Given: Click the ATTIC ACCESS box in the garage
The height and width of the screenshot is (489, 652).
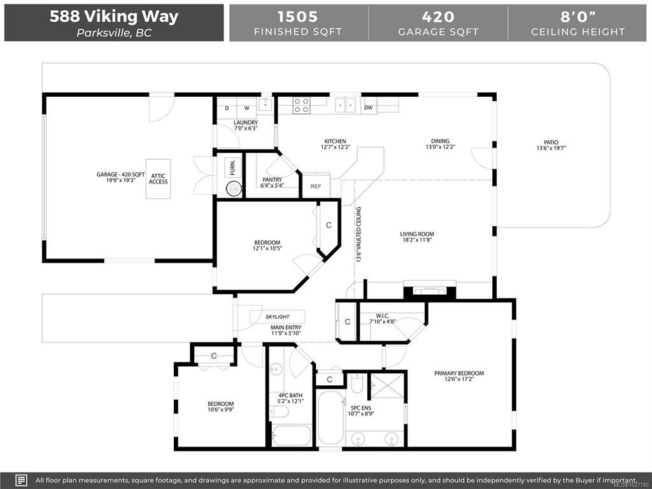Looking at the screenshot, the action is pyautogui.click(x=158, y=179).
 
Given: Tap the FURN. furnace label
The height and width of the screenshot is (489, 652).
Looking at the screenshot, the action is pyautogui.click(x=232, y=167).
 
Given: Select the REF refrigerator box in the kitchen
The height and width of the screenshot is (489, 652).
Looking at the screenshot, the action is pyautogui.click(x=316, y=186).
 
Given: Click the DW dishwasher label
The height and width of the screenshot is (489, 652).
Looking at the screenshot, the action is pyautogui.click(x=369, y=108).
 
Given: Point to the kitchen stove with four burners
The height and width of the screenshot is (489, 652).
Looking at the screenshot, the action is pyautogui.click(x=301, y=105).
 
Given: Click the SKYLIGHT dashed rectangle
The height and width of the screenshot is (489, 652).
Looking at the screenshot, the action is pyautogui.click(x=278, y=317).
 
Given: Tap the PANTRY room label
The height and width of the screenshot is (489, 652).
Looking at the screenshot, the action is pyautogui.click(x=273, y=180).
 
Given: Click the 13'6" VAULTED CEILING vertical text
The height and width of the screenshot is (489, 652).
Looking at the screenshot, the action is pyautogui.click(x=358, y=234).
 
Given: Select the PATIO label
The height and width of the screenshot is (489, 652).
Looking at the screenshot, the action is pyautogui.click(x=551, y=142).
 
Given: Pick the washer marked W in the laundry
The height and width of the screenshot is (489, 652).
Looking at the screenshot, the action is pyautogui.click(x=246, y=108).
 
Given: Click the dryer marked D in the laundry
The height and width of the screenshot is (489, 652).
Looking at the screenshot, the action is pyautogui.click(x=227, y=108).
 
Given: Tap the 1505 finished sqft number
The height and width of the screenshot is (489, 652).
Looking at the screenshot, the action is pyautogui.click(x=298, y=17).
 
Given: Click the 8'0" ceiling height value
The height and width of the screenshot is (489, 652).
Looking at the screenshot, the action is pyautogui.click(x=578, y=17).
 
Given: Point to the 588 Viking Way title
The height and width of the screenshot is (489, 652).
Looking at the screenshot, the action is pyautogui.click(x=114, y=16).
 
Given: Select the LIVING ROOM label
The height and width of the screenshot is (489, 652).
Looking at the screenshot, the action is pyautogui.click(x=417, y=234).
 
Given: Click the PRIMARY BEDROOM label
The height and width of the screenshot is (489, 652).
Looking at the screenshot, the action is pyautogui.click(x=459, y=373).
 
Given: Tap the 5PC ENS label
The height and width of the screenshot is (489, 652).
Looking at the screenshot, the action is pyautogui.click(x=361, y=408).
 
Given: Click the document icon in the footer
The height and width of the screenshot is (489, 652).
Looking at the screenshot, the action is pyautogui.click(x=22, y=480).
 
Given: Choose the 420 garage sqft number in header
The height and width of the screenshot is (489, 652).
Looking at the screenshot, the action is pyautogui.click(x=438, y=17).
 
